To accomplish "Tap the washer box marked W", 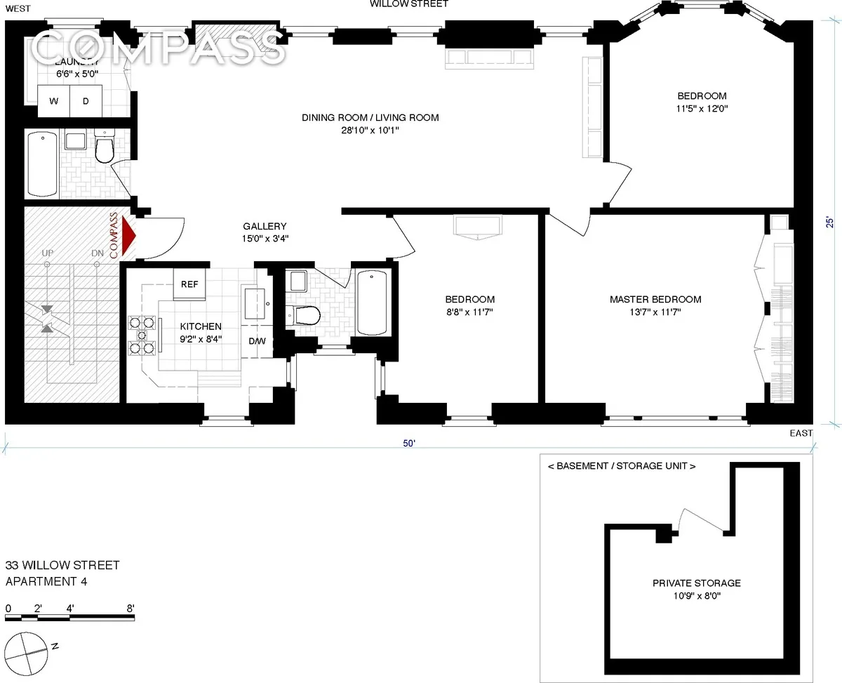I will tap(53, 101).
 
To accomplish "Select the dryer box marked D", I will tap(86, 101).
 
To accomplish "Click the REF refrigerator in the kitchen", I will tap(189, 284).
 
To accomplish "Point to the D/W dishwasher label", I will tap(257, 342).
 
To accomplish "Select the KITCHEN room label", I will tap(201, 326).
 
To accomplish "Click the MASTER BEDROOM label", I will tap(655, 300).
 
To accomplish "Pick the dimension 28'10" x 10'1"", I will tap(370, 130).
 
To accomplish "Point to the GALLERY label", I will tap(265, 226).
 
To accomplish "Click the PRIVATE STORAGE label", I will tap(696, 583).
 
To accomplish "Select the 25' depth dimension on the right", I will tap(830, 222).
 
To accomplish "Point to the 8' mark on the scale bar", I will tap(131, 609).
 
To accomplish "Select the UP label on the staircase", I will tap(48, 253).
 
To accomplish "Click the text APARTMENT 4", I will tap(46, 581).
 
